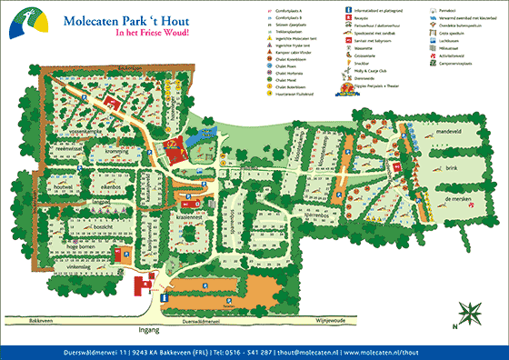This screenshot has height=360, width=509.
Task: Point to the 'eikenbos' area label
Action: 100,185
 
